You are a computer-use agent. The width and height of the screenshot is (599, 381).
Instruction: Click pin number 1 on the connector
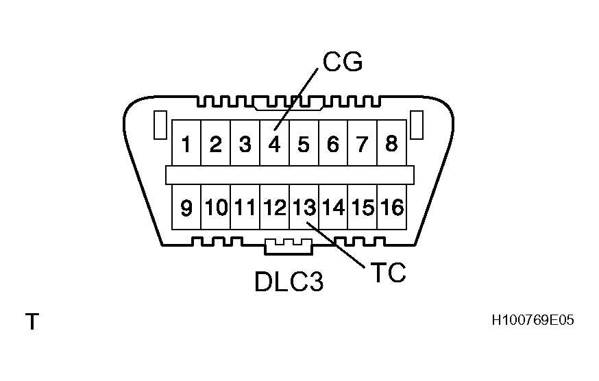[186, 145]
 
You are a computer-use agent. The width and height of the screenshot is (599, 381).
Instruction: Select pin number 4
[274, 145]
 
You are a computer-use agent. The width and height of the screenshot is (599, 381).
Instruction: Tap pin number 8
[391, 145]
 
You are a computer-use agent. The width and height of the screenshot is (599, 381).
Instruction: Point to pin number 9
[186, 208]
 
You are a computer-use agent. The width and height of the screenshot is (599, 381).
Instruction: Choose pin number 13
[304, 207]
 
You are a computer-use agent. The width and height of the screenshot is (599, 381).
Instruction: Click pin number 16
[392, 207]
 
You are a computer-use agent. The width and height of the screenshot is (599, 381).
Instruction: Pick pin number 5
[304, 145]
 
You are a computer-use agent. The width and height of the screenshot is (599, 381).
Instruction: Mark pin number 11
[245, 207]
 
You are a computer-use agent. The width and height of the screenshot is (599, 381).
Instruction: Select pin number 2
[215, 145]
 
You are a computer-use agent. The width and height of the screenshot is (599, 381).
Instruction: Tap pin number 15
[363, 207]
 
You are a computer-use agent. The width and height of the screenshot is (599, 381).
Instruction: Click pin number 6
[333, 145]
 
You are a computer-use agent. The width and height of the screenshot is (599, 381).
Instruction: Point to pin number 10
[215, 207]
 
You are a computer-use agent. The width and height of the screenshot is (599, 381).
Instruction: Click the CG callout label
[342, 62]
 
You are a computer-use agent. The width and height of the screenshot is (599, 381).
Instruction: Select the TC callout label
[388, 272]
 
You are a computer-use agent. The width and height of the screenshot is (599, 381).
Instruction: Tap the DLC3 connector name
[289, 282]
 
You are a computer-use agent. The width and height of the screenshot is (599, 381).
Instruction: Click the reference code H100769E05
[532, 320]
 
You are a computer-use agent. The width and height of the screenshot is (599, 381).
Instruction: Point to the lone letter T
[32, 321]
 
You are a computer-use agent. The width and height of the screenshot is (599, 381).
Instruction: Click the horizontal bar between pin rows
[289, 175]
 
